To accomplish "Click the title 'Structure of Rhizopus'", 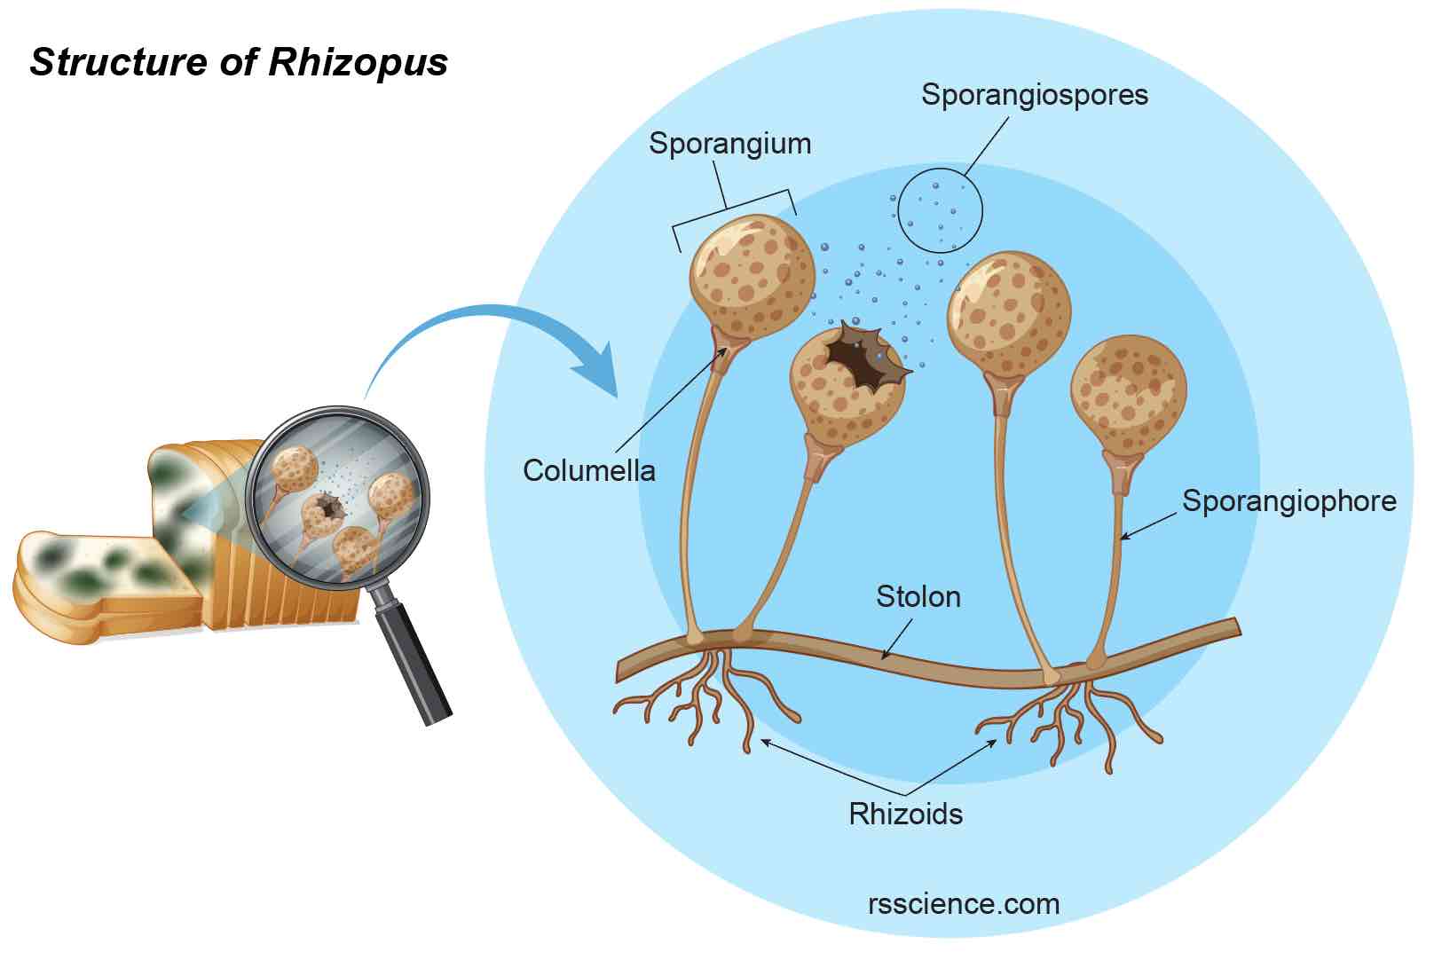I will pyautogui.click(x=239, y=63).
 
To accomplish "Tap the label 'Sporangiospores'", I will pyautogui.click(x=1034, y=95).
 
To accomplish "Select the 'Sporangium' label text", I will pyautogui.click(x=729, y=144).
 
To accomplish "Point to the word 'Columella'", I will pyautogui.click(x=588, y=470).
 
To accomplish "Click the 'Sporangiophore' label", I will pyautogui.click(x=1288, y=501).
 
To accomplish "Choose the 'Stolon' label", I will pyautogui.click(x=918, y=597).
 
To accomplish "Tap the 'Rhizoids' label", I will pyautogui.click(x=905, y=814).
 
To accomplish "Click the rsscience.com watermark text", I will pyautogui.click(x=963, y=904).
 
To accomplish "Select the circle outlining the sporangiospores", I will pyautogui.click(x=940, y=209).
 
